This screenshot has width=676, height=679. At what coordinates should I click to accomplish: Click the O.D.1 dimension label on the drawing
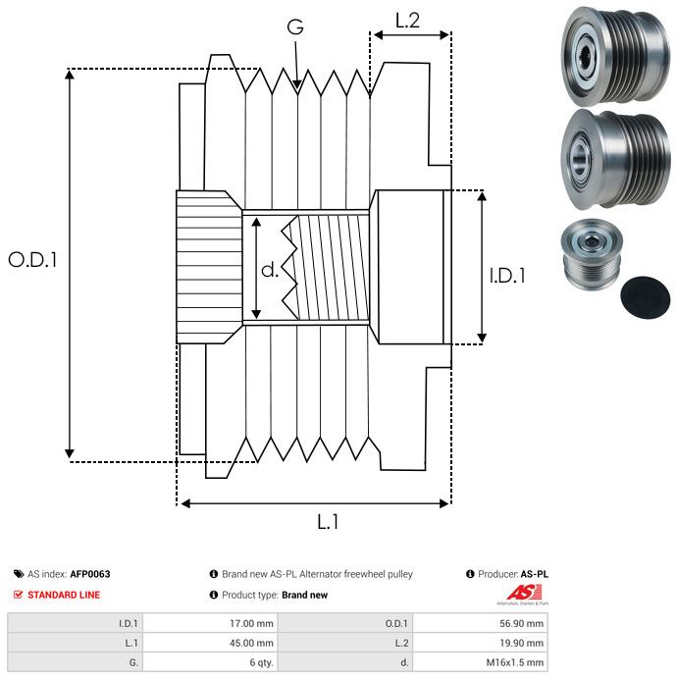(33, 260)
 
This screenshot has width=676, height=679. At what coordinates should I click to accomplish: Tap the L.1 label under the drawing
(328, 522)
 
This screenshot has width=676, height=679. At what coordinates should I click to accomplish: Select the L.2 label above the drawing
(407, 19)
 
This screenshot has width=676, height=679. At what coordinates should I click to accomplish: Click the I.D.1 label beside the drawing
(506, 276)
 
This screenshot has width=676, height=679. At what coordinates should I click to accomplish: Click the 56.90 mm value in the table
(520, 622)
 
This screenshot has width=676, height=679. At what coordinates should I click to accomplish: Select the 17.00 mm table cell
(250, 622)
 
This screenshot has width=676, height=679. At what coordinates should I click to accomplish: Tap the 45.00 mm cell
(250, 643)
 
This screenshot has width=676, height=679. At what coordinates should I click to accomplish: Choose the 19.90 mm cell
(520, 643)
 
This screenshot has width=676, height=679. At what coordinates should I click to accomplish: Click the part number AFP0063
(89, 574)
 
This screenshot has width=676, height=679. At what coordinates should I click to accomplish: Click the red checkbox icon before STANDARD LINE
(18, 595)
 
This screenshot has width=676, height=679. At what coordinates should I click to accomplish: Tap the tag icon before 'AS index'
(18, 574)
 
